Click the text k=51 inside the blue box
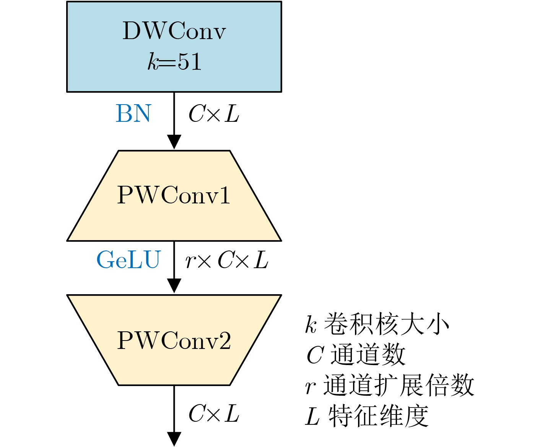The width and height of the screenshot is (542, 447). (x=174, y=62)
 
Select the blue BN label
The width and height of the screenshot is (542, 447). (x=133, y=114)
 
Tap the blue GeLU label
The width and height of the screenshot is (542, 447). (x=129, y=260)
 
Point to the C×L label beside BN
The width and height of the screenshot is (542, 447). (x=214, y=114)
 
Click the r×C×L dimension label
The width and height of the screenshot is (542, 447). (x=227, y=260)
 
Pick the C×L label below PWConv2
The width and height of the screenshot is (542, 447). (x=214, y=414)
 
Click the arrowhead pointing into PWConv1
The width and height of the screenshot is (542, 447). (x=174, y=142)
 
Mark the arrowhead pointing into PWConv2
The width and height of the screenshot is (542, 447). (x=174, y=286)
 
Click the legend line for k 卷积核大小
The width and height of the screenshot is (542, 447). (x=377, y=324)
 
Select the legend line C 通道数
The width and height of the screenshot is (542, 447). (x=356, y=354)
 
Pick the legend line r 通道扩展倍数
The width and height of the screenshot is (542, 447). (x=390, y=385)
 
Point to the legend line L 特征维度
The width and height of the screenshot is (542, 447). (x=367, y=416)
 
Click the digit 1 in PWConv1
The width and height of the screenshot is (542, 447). (x=225, y=195)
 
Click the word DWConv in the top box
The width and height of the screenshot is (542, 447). (x=174, y=31)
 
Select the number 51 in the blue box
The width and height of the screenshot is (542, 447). (x=190, y=62)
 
